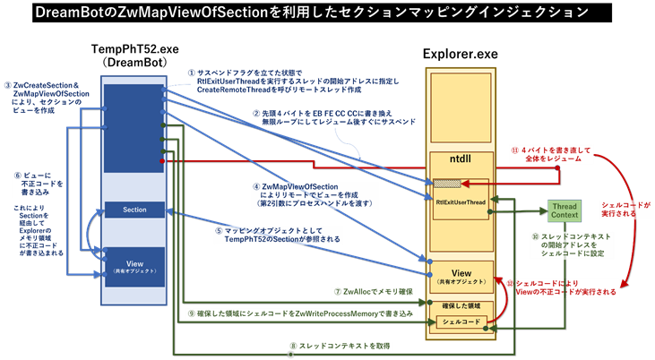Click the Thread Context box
564,212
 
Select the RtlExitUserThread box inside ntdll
461,202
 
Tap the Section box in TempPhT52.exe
135,210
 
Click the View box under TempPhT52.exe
135,265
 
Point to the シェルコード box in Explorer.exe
461,321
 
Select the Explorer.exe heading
461,54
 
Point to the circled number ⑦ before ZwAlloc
337,291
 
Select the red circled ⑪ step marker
513,150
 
